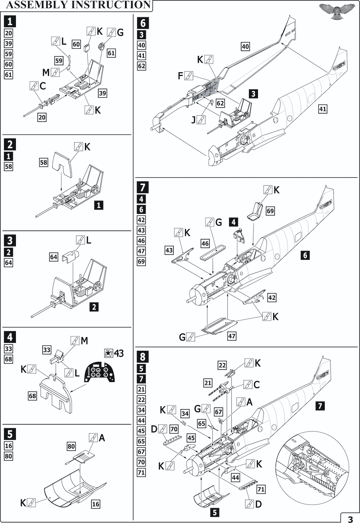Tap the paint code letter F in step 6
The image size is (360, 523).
point(181,76)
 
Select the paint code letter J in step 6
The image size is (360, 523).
point(194,120)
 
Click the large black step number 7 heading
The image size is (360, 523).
point(143,187)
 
